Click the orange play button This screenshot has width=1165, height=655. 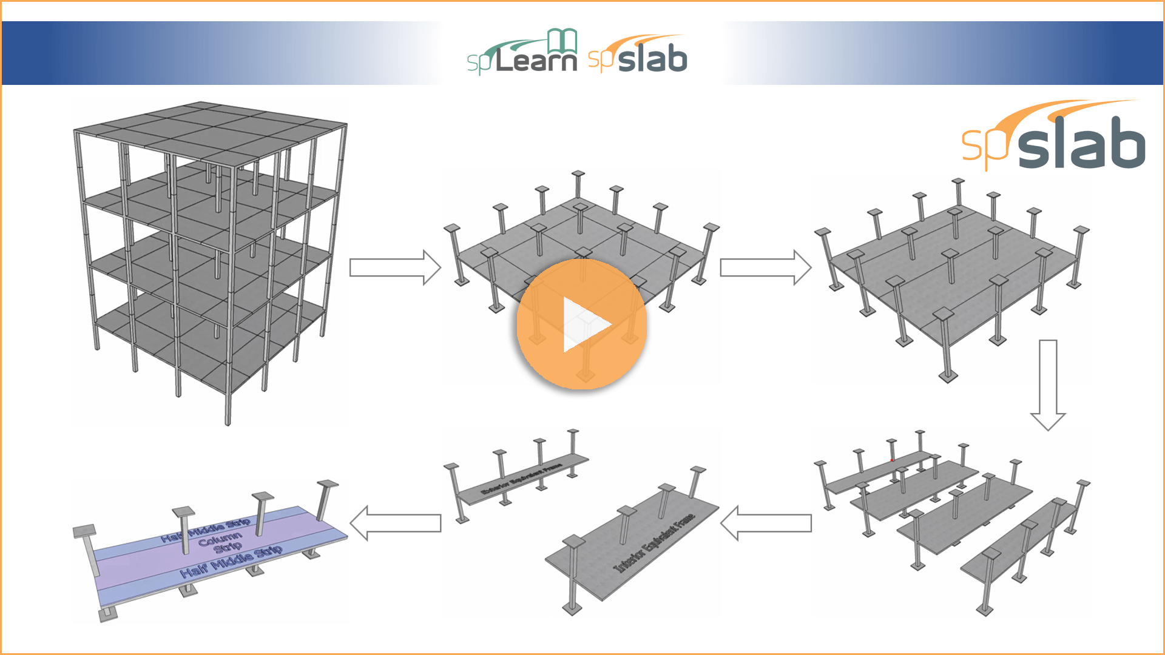[x=581, y=324]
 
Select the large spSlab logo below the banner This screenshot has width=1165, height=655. [x=1054, y=137]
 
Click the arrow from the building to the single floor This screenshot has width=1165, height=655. [x=395, y=267]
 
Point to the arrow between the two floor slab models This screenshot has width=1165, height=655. [x=765, y=267]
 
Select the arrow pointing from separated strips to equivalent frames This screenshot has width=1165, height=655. [x=766, y=523]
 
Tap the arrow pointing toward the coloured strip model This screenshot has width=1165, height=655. [x=395, y=523]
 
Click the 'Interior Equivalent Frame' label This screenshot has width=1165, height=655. [x=655, y=543]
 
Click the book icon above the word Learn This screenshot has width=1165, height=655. [x=562, y=40]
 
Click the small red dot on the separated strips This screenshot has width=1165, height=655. [x=891, y=460]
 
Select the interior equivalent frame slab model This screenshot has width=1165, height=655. [x=631, y=546]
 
